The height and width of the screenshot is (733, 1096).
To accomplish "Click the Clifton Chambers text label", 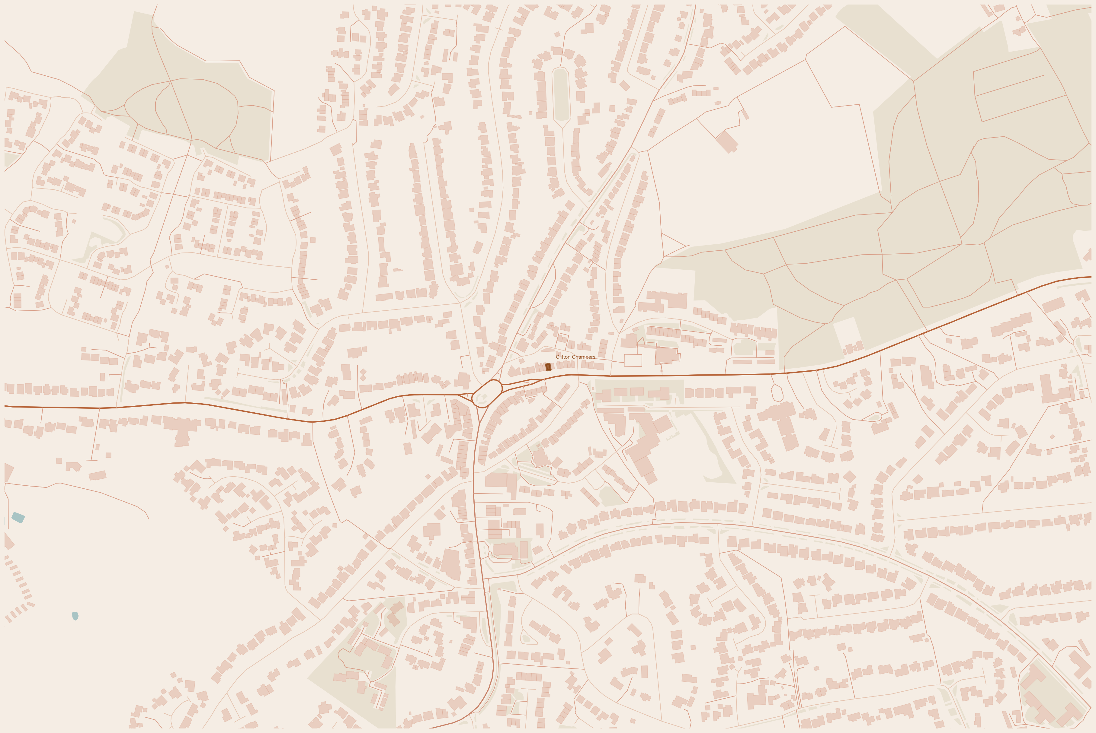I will (575, 357).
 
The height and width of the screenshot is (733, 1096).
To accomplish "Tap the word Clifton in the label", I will (563, 357).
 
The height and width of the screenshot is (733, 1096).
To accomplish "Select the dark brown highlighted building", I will (548, 367).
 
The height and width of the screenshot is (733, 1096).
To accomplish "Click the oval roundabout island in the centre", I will (487, 394).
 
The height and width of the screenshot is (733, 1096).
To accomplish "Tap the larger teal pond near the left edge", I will (18, 517).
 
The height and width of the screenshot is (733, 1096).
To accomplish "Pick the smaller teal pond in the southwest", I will (75, 616).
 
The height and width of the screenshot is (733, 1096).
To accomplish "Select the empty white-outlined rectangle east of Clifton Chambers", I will (633, 360).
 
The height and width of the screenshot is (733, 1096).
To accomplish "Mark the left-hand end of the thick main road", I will (6, 406).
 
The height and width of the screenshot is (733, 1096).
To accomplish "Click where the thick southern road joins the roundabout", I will (480, 408).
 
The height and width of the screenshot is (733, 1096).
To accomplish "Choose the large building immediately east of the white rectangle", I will (667, 356).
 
